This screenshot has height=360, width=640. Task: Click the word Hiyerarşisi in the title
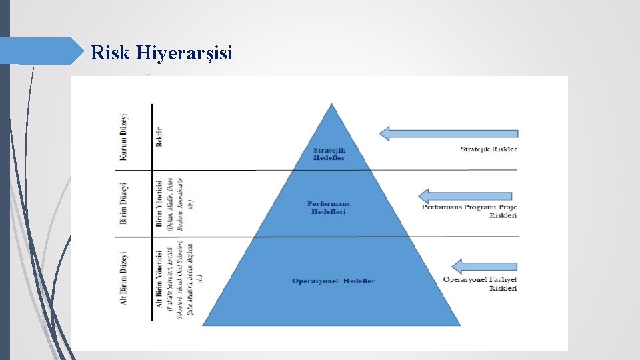pos(184,53)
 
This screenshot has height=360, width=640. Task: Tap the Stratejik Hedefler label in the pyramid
pos(329,153)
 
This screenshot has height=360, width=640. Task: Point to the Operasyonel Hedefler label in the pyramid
pos(333,281)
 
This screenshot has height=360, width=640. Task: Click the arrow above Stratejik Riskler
pos(448,133)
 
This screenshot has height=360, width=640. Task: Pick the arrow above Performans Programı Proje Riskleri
pos(467,195)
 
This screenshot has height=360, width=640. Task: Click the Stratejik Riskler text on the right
pos(489,149)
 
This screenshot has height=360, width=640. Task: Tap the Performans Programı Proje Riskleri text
pos(469,211)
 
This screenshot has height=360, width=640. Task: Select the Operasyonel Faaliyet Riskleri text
pos(480,283)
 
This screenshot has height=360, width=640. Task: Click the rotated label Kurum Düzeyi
pos(123,137)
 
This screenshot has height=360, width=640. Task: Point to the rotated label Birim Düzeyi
pos(123,203)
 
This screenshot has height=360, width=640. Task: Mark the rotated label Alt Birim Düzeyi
pos(123,279)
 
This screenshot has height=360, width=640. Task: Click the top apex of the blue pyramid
pos(331,105)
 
